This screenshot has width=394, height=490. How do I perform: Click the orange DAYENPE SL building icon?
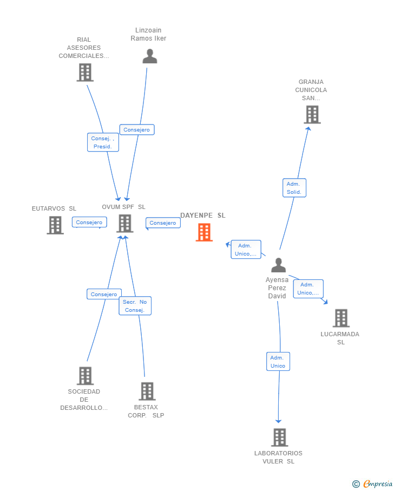click(x=204, y=232)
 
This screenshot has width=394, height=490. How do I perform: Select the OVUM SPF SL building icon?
click(x=124, y=223)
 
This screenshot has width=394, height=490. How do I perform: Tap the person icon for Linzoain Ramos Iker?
click(x=150, y=56)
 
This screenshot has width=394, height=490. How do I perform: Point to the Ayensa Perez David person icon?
click(x=278, y=265)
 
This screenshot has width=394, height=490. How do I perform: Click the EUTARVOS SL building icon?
click(x=55, y=225)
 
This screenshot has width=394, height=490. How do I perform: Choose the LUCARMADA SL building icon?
click(x=340, y=318)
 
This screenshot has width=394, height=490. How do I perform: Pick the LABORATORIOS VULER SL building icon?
click(x=279, y=437)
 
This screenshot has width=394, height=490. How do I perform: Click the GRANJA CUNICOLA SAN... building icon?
click(x=312, y=115)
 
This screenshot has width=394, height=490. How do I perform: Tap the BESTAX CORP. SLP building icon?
click(x=147, y=391)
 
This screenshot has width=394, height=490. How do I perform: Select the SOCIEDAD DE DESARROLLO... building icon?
click(x=85, y=376)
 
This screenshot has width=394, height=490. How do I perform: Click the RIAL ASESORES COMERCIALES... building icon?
click(x=85, y=73)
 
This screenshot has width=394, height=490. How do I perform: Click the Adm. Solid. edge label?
click(x=294, y=188)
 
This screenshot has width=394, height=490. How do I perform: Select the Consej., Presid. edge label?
click(x=103, y=142)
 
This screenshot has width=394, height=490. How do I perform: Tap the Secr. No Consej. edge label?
click(x=135, y=306)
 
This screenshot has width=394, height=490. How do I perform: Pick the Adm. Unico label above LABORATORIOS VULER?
click(x=278, y=362)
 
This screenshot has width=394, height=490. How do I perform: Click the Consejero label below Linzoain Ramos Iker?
click(x=137, y=130)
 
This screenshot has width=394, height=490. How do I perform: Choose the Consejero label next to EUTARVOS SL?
click(x=89, y=223)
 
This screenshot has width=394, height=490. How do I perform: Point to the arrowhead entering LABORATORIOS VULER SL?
click(x=279, y=421)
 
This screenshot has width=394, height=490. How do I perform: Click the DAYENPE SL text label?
click(x=203, y=215)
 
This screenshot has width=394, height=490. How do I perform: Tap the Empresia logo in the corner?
click(x=373, y=484)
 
